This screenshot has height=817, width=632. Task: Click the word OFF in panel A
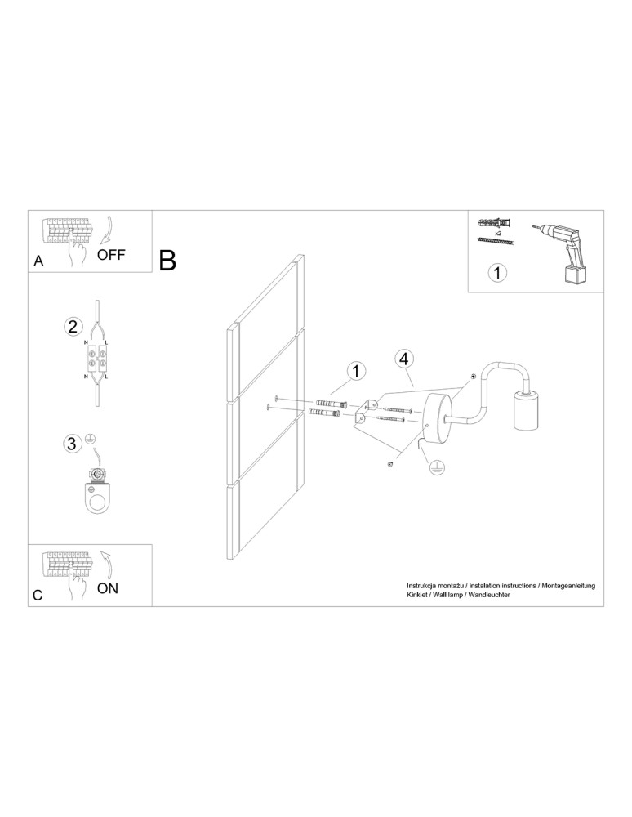111,255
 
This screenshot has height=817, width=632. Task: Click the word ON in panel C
108,588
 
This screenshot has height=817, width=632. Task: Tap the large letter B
167,260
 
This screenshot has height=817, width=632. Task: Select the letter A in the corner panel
38,261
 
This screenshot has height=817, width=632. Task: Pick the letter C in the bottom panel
38,595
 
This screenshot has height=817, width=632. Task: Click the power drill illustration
563,252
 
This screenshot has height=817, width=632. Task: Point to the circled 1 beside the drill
497,273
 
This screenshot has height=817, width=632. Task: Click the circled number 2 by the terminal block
73,327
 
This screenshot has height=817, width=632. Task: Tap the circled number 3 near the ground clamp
73,444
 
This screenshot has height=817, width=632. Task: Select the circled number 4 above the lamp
404,359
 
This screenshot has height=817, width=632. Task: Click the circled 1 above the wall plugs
356,372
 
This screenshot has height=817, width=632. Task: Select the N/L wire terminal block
97,358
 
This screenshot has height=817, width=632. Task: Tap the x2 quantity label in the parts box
498,234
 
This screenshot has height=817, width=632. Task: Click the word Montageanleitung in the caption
568,586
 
